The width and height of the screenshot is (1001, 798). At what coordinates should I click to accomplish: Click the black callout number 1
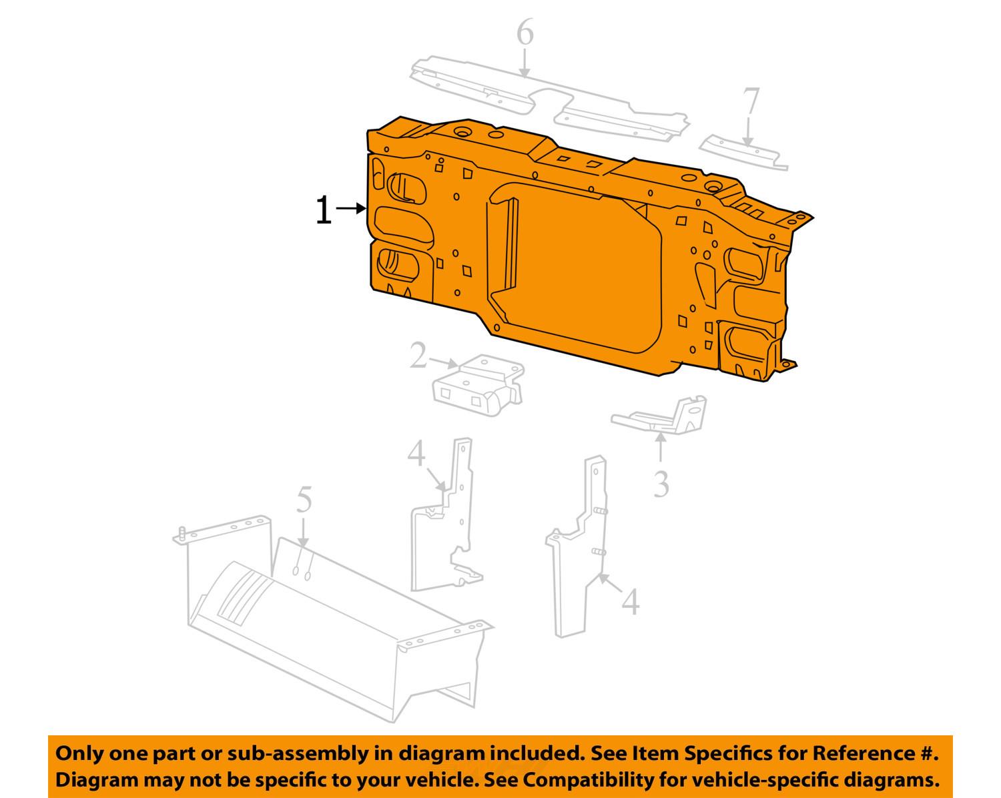pyautogui.click(x=324, y=210)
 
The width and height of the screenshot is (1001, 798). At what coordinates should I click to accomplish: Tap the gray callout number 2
pyautogui.click(x=418, y=355)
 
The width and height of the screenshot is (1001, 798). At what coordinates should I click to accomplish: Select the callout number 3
pyautogui.click(x=661, y=484)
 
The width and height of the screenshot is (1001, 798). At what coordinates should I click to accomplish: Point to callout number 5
pyautogui.click(x=304, y=500)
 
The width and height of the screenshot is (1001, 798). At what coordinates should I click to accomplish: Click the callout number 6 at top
pyautogui.click(x=525, y=31)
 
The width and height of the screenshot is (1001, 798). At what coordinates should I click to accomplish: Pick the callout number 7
pyautogui.click(x=751, y=101)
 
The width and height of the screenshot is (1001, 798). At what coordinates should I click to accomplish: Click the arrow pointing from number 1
pyautogui.click(x=351, y=208)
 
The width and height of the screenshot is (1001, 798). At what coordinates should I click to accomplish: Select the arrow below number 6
pyautogui.click(x=525, y=63)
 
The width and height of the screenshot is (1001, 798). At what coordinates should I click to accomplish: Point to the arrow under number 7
pyautogui.click(x=748, y=132)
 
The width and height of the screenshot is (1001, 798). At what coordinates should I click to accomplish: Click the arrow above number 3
pyautogui.click(x=661, y=446)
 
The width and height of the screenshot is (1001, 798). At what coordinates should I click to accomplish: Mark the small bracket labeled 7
pyautogui.click(x=742, y=152)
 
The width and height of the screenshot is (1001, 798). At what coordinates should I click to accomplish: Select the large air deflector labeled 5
pyautogui.click(x=332, y=619)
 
